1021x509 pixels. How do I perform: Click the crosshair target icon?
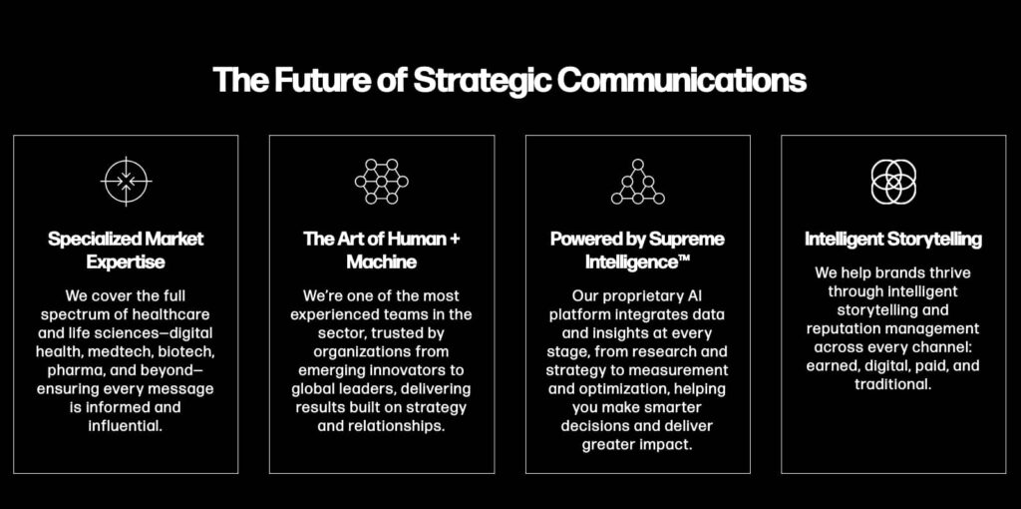click(x=126, y=182)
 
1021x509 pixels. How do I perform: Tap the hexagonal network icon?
click(x=382, y=182)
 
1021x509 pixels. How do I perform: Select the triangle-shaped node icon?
click(x=638, y=182)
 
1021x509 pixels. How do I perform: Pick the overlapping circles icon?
click(x=893, y=182)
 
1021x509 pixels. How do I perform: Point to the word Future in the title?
click(x=304, y=80)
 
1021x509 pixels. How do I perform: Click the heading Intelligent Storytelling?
click(x=893, y=240)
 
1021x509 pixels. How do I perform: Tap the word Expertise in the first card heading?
click(x=126, y=262)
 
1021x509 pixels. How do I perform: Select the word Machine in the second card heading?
click(x=382, y=262)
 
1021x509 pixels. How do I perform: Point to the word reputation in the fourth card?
click(x=841, y=328)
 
